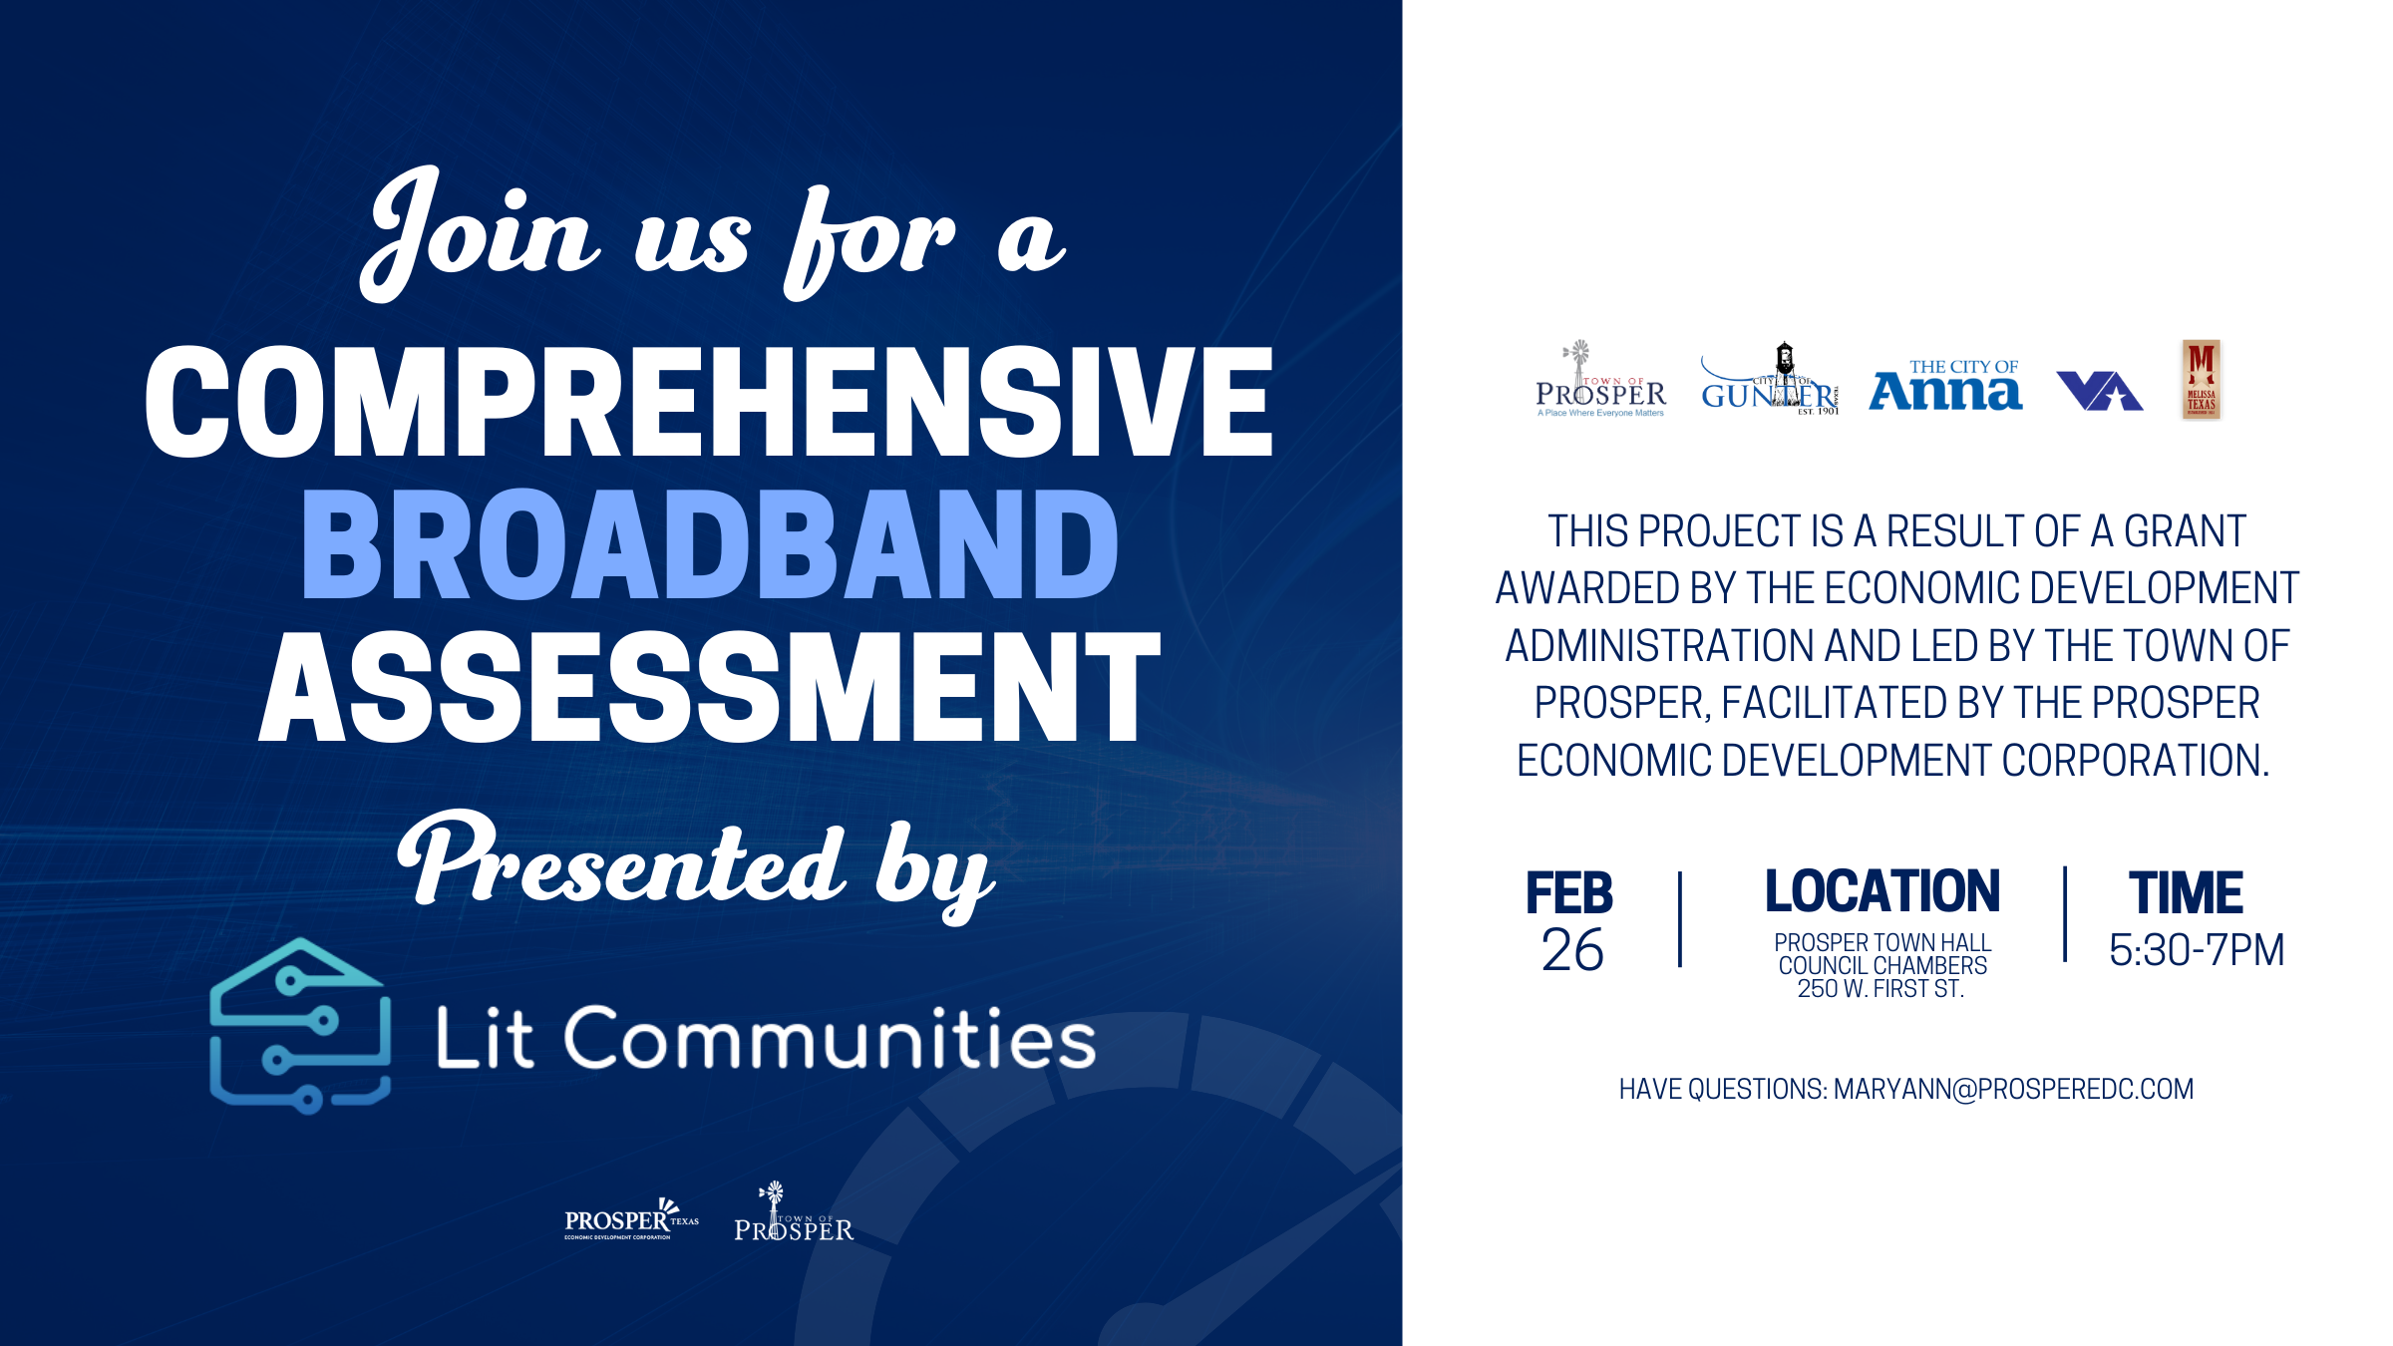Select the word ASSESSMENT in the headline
(709, 688)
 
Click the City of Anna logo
(1945, 386)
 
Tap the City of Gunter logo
(1770, 382)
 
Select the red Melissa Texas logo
(2201, 380)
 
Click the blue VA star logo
(2099, 390)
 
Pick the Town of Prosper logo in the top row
(1600, 382)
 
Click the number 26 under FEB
(1571, 950)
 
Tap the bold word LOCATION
(1882, 891)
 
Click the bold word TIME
(2187, 892)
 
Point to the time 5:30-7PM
(2197, 950)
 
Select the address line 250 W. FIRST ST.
(1880, 989)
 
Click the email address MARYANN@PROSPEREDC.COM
(2013, 1089)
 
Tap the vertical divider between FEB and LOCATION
(1680, 919)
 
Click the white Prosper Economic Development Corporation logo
(630, 1220)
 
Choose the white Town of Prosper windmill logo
(794, 1215)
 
